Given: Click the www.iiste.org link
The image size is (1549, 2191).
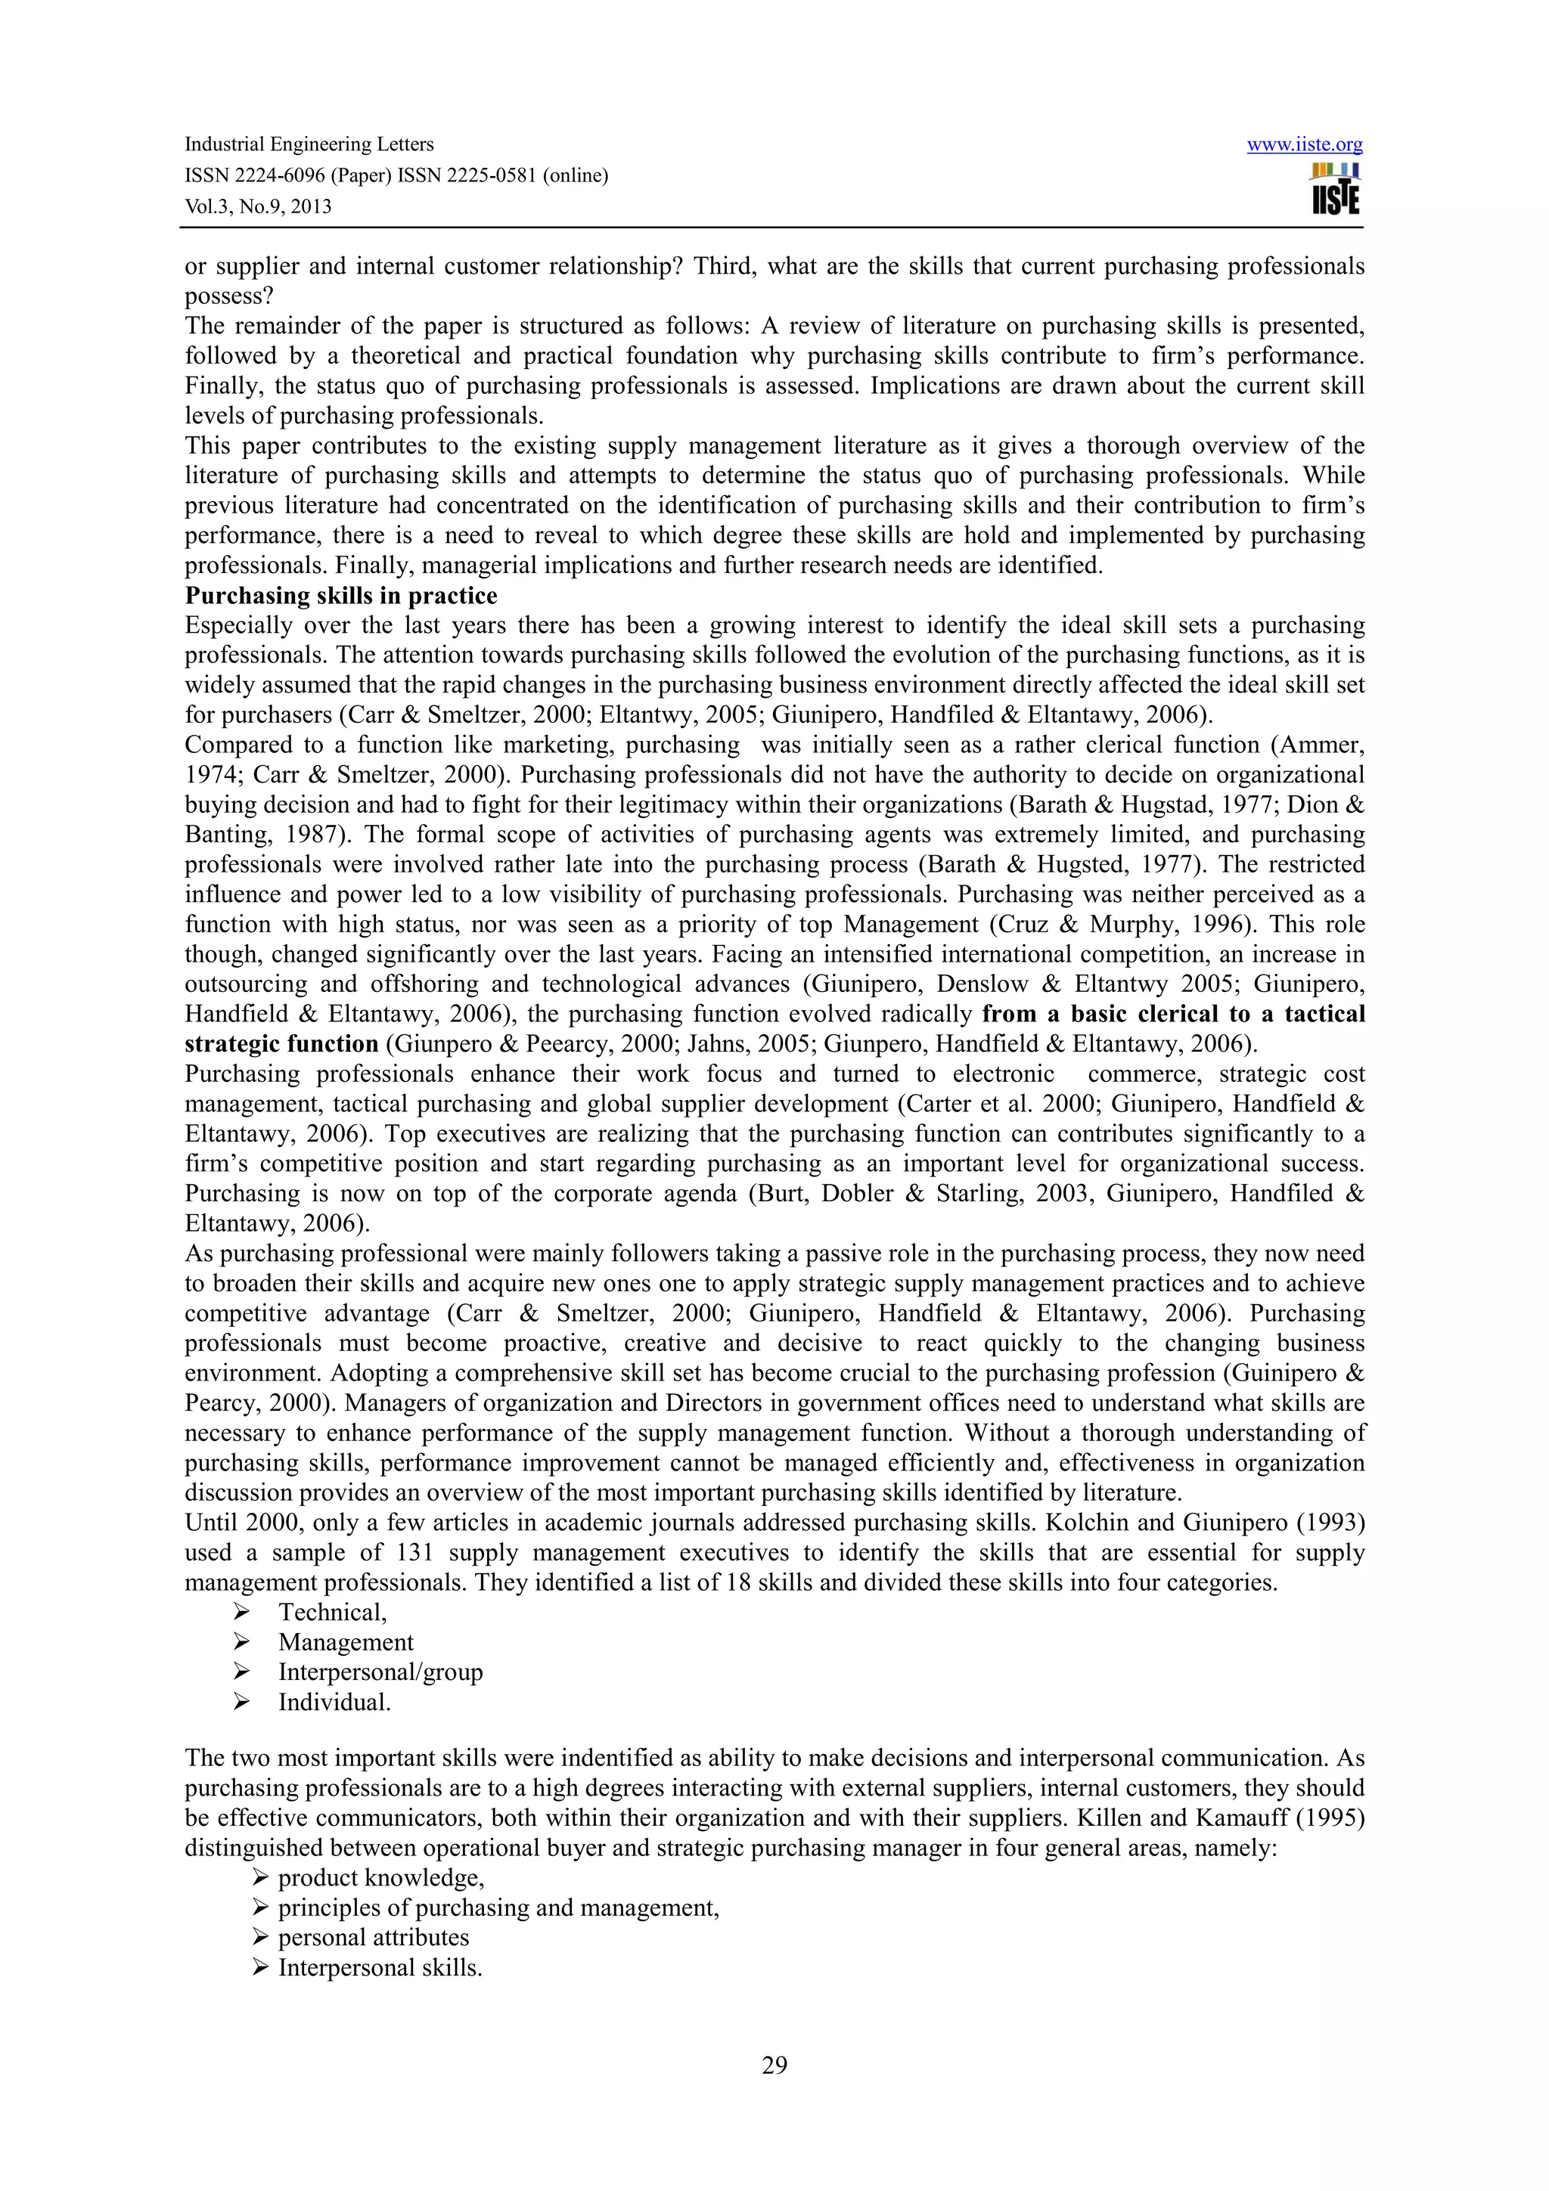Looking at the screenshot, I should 1304,145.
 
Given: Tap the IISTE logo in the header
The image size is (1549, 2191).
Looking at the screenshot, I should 1335,190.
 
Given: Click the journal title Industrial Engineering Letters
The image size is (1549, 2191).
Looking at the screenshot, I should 309,144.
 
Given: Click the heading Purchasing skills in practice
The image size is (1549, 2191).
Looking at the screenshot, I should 340,596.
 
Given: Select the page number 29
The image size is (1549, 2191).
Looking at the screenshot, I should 774,2065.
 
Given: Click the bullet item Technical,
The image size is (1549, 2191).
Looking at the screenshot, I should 332,1612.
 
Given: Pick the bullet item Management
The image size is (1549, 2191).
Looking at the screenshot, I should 346,1641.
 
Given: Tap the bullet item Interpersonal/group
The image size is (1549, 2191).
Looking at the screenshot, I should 380,1672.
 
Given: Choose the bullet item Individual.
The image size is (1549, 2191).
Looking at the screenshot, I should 334,1701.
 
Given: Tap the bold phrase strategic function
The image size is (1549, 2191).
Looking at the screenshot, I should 281,1043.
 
